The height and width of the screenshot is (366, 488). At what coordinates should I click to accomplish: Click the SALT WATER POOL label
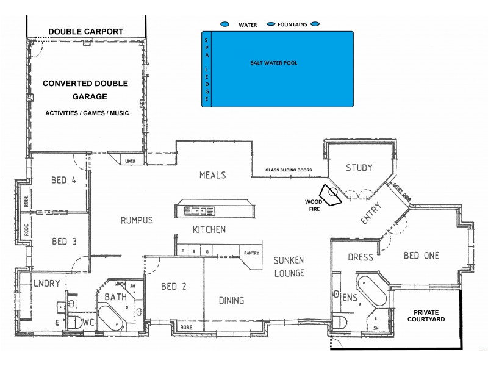(274, 63)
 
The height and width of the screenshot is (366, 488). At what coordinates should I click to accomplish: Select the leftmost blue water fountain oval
(224, 24)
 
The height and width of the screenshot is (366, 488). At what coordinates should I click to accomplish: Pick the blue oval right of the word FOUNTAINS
(315, 24)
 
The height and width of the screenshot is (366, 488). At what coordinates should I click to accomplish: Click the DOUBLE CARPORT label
(85, 32)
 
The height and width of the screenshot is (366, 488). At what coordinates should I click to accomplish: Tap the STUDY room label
(359, 168)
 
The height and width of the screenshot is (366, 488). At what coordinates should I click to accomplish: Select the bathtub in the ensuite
(371, 293)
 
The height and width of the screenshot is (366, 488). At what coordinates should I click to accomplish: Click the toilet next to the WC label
(75, 322)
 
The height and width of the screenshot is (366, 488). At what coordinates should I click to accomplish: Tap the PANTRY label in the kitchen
(251, 253)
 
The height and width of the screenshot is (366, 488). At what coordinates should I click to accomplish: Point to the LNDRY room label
(46, 284)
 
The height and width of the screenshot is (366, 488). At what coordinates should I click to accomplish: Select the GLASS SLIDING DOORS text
(289, 170)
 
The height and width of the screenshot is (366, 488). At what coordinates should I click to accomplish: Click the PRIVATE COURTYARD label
(426, 315)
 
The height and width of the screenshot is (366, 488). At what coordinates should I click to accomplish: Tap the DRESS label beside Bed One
(360, 257)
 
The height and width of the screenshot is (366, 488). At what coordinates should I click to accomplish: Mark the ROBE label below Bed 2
(186, 328)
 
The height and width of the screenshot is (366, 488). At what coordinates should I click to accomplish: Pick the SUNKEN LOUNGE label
(289, 267)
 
